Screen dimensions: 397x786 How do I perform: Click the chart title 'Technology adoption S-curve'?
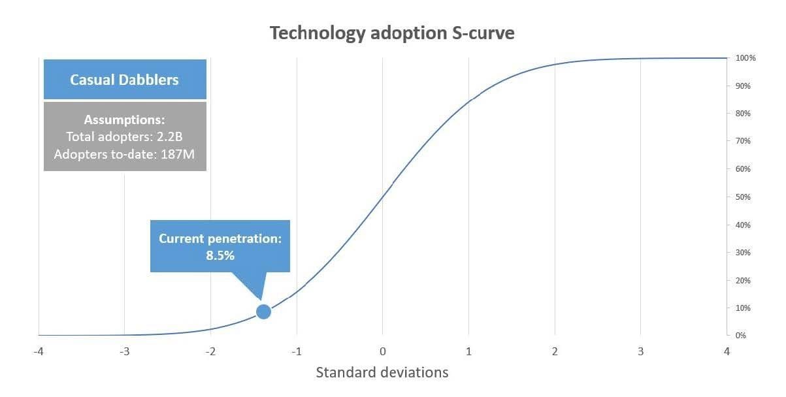point(392,33)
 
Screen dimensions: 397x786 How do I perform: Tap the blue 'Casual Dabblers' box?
point(124,80)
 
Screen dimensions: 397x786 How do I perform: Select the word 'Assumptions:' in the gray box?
point(124,120)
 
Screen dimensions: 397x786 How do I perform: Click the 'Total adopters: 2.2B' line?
point(124,137)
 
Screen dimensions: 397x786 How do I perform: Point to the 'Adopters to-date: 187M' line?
point(124,155)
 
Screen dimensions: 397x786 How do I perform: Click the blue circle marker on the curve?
point(263,311)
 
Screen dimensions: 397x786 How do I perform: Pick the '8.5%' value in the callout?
point(220,256)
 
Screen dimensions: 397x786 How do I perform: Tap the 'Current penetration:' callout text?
point(220,239)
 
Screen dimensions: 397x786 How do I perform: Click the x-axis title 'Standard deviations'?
point(382,373)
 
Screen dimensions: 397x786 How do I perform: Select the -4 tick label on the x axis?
point(39,352)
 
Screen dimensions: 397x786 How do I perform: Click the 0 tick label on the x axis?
point(383,352)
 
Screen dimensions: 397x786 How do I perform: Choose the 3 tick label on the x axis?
point(640,352)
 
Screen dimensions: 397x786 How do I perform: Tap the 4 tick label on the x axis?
point(727,352)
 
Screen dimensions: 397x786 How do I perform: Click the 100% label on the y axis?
point(745,58)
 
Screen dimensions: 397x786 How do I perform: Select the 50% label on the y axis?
point(744,197)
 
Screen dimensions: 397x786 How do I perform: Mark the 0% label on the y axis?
point(741,336)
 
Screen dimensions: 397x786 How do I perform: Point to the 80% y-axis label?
point(744,114)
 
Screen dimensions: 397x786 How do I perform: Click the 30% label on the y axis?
point(744,253)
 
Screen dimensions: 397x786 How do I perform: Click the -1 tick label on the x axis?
point(296,352)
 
